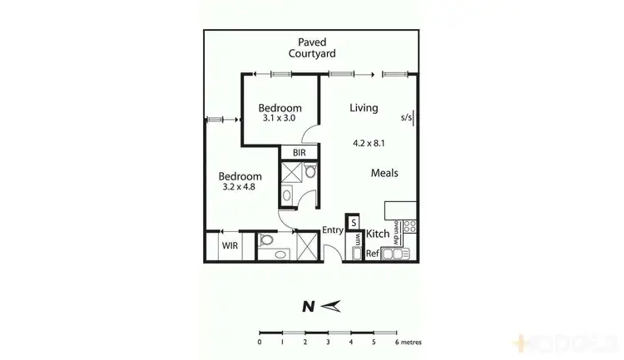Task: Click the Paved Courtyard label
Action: click(312, 47)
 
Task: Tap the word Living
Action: click(364, 108)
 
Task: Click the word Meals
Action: click(384, 174)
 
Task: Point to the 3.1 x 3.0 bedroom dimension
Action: click(279, 118)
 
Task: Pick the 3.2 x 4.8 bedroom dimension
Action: click(238, 187)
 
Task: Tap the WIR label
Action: click(230, 246)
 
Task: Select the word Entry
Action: click(333, 231)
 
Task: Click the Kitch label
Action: click(378, 234)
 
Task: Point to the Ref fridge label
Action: click(372, 253)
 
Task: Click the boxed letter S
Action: click(353, 223)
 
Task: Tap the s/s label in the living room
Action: click(406, 117)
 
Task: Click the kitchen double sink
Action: click(395, 254)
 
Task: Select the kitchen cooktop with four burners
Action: click(409, 226)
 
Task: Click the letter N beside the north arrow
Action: click(307, 306)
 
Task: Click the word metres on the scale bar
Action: click(413, 342)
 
